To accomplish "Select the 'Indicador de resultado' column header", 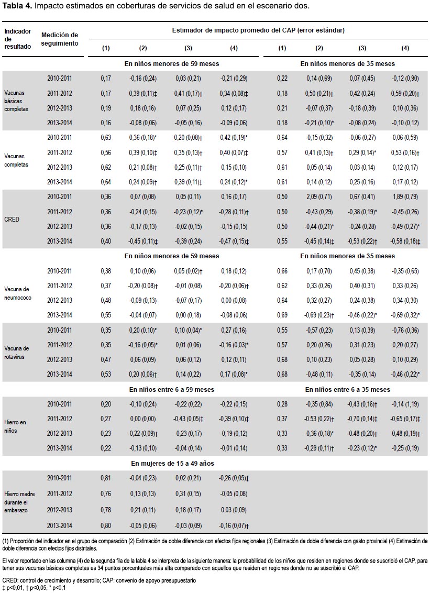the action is [x=17, y=39].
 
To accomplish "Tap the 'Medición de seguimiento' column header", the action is [x=60, y=39].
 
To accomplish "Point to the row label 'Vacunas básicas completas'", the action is [x=16, y=101].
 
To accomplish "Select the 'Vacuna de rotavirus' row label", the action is [x=17, y=353].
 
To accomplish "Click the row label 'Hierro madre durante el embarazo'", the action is [x=19, y=502].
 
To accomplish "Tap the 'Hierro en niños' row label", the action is [x=15, y=426].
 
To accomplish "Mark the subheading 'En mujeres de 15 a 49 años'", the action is [x=172, y=463].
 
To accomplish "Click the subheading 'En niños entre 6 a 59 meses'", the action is [x=172, y=390].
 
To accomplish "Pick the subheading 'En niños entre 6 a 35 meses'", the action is [x=348, y=390].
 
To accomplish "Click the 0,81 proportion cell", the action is [x=106, y=478].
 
